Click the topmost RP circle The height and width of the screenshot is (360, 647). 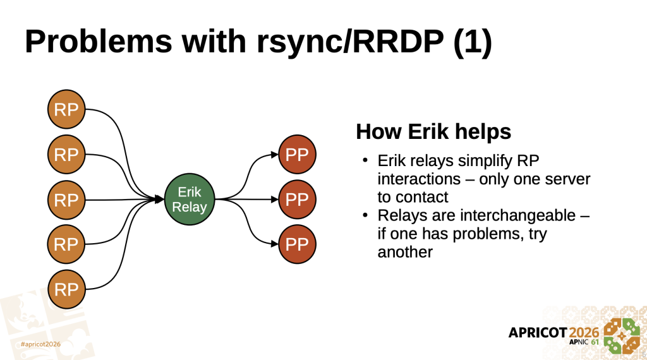coord(66,109)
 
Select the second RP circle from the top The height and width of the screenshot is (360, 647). coord(66,154)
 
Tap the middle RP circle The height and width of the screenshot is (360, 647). coord(66,200)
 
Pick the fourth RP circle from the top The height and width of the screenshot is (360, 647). coord(66,244)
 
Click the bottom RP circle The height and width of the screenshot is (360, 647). coord(66,289)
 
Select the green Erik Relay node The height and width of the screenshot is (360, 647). coord(189,200)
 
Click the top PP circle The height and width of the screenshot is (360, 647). coord(296,155)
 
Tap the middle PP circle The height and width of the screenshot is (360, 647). coord(296,200)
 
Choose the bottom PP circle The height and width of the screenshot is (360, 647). coord(296,244)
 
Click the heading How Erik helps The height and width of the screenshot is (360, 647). coord(433,132)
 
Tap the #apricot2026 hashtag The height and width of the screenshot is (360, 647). coord(40,344)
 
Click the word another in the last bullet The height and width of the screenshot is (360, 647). coord(405,252)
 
